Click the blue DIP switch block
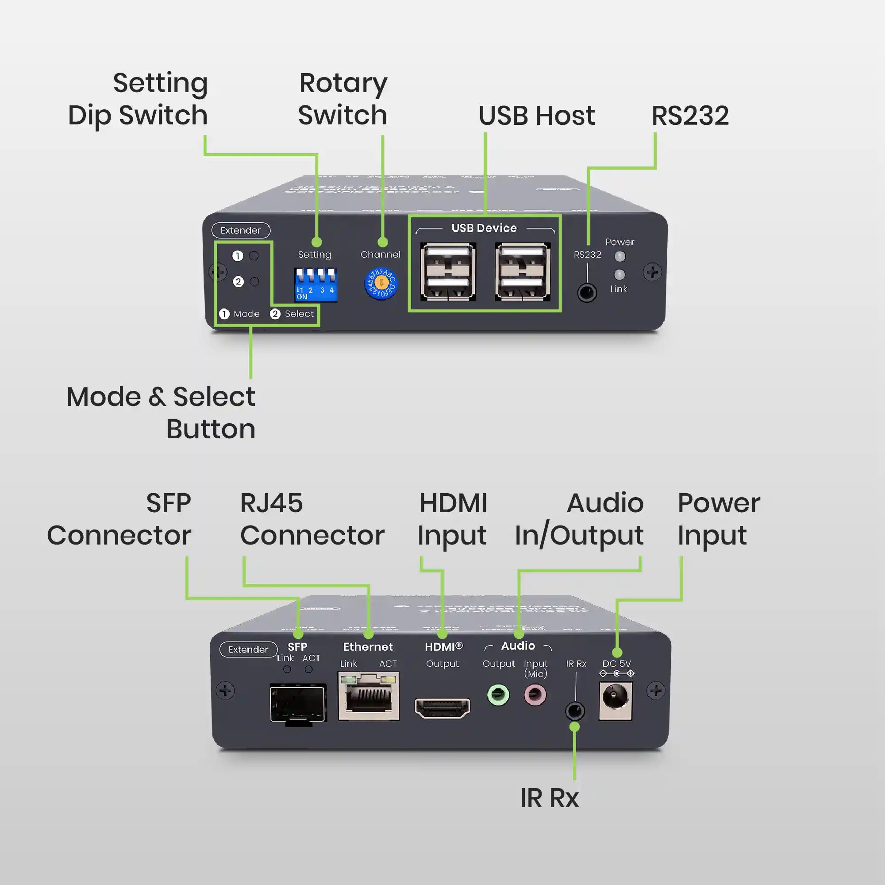click(x=316, y=285)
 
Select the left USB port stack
click(x=447, y=272)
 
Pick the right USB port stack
click(x=523, y=272)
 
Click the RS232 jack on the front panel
click(x=587, y=292)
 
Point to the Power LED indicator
click(x=619, y=256)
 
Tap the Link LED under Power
click(x=619, y=274)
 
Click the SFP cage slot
click(x=298, y=703)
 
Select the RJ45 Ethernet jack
click(x=368, y=696)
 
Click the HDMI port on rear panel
click(x=442, y=708)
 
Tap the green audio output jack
click(x=498, y=695)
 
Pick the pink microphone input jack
click(x=535, y=695)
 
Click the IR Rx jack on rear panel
click(x=575, y=711)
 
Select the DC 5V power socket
click(x=615, y=700)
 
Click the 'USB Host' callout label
click(x=536, y=116)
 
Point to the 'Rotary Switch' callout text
click(x=342, y=99)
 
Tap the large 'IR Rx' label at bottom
click(x=549, y=798)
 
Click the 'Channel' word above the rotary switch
click(x=380, y=255)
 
